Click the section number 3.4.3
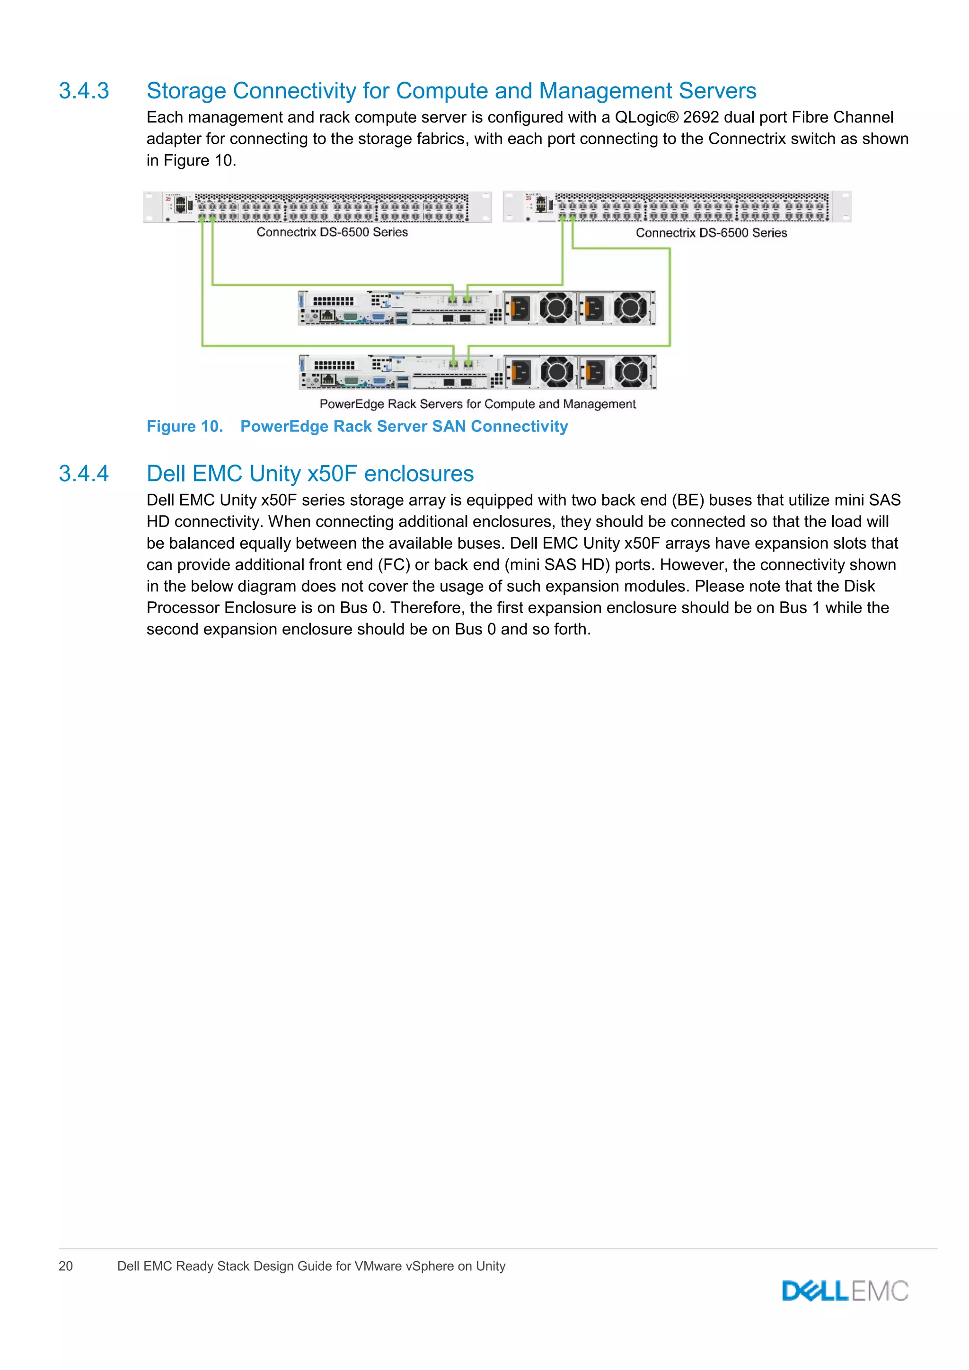[84, 91]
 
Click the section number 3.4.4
[84, 474]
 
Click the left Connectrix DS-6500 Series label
[332, 232]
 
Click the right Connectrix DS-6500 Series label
[711, 233]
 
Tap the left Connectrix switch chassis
[317, 206]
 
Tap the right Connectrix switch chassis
[677, 206]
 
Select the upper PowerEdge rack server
[477, 308]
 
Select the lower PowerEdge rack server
[477, 372]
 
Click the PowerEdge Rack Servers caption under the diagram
[477, 404]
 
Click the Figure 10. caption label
[185, 427]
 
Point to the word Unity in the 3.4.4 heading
[274, 474]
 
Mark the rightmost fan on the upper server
[630, 308]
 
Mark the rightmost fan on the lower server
[631, 372]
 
